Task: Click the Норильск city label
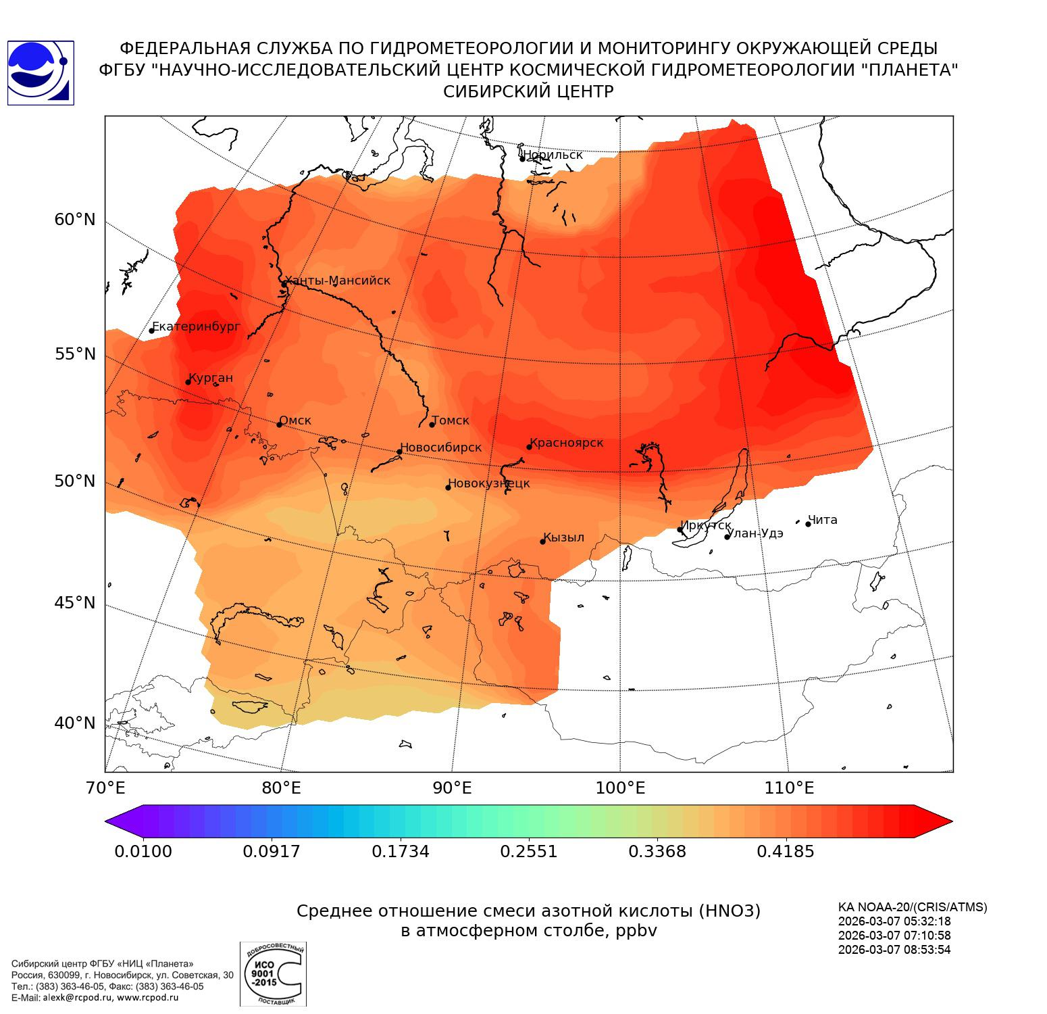click(553, 155)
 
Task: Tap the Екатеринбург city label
click(196, 327)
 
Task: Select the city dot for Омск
click(279, 425)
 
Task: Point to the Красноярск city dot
click(530, 447)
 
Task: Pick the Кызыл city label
click(563, 537)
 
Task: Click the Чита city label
click(823, 520)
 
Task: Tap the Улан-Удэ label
click(755, 533)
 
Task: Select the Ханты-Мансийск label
click(338, 281)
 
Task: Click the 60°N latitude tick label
click(75, 220)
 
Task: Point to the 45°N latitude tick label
click(75, 602)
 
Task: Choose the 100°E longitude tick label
click(620, 788)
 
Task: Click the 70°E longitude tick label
click(105, 788)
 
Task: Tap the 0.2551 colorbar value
click(529, 851)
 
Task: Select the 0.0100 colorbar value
click(143, 851)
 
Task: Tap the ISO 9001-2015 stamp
click(273, 974)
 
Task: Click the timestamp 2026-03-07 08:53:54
click(894, 949)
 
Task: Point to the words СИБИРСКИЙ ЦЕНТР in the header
click(528, 92)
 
